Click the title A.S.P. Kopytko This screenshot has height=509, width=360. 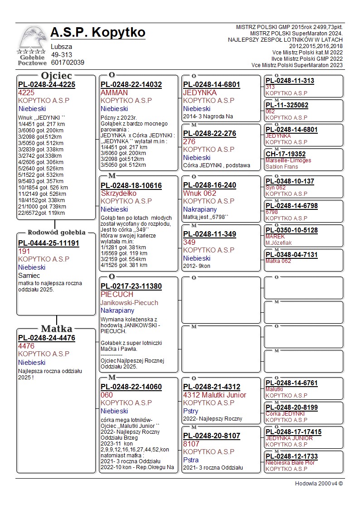[98, 33]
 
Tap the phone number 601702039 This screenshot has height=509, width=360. [68, 63]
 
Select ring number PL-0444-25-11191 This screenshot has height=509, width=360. [49, 243]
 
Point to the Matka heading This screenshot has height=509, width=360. [57, 329]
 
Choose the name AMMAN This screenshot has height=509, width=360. [114, 92]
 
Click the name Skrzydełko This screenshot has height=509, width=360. [118, 193]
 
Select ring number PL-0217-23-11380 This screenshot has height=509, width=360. [131, 286]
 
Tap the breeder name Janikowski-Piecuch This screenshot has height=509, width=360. [129, 302]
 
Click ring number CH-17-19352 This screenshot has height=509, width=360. [286, 154]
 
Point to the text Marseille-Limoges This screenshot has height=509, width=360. [288, 160]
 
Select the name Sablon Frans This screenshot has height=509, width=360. [282, 167]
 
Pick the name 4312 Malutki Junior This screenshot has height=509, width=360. [214, 395]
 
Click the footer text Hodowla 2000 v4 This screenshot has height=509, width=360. [319, 484]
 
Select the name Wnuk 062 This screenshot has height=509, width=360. [200, 193]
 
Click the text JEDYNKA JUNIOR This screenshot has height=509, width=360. [289, 438]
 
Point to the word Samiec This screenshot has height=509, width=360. [29, 275]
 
